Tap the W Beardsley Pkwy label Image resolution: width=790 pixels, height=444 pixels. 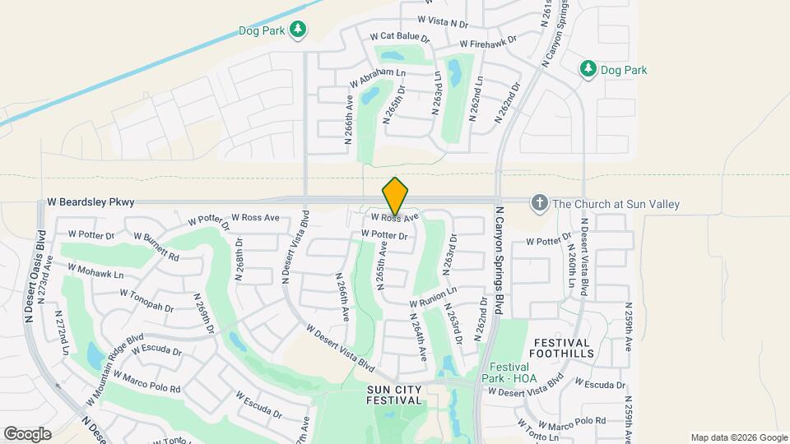tap(91, 201)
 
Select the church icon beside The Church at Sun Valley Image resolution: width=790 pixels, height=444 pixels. tap(540, 203)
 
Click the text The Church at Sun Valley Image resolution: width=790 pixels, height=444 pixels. tap(616, 203)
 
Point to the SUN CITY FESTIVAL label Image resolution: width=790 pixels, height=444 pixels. tap(394, 395)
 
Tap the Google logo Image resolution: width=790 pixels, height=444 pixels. tap(27, 434)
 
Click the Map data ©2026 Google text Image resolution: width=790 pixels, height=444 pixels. tap(738, 437)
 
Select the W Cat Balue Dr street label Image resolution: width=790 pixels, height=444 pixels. tap(400, 37)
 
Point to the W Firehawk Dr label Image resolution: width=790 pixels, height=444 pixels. tap(488, 41)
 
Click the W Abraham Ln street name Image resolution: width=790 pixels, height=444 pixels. tap(378, 78)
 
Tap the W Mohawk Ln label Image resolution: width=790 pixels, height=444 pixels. tap(95, 271)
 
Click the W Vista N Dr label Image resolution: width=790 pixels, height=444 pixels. tap(443, 19)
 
